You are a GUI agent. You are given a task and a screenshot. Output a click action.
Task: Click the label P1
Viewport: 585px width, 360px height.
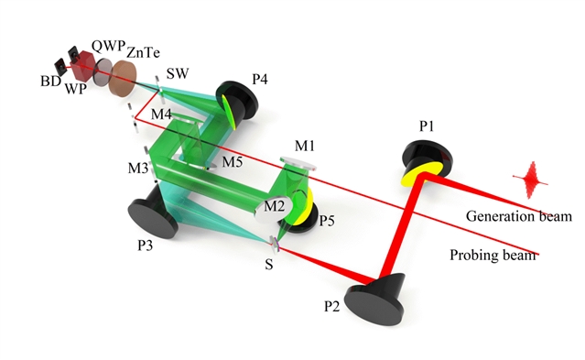pos(427,126)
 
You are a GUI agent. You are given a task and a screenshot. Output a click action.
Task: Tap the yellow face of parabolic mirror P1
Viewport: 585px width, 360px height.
pos(422,174)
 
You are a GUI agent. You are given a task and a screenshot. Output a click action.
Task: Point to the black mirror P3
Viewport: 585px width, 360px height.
pos(154,213)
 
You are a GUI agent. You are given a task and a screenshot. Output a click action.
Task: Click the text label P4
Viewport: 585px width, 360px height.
pos(260,79)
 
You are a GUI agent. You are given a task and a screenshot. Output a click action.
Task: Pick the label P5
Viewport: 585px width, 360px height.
pos(327,221)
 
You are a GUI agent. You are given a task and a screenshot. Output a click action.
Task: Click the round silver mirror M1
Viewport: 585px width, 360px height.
pos(298,163)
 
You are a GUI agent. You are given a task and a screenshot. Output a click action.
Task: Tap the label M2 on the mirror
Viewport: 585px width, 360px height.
pos(275,206)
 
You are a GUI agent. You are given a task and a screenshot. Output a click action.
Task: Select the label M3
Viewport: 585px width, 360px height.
pos(138,168)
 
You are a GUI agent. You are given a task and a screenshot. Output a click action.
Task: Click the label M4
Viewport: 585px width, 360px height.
pos(161,114)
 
